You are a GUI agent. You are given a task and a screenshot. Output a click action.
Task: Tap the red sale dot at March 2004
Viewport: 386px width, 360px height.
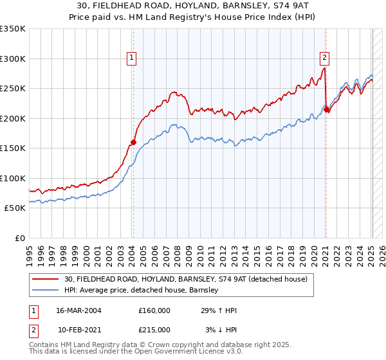(133, 142)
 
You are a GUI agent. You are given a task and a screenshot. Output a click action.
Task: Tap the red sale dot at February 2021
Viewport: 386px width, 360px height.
(326, 109)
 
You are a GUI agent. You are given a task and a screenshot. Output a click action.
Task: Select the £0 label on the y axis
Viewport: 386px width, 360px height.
(18, 238)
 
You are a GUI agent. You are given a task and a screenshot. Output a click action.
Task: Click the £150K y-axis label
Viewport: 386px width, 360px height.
(12, 148)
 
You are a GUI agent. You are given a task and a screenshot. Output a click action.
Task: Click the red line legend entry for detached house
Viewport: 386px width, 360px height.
(186, 279)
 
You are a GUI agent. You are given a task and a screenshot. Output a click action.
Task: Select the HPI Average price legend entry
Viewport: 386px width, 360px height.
(142, 291)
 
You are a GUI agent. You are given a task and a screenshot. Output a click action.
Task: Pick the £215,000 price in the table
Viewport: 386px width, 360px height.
(154, 330)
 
